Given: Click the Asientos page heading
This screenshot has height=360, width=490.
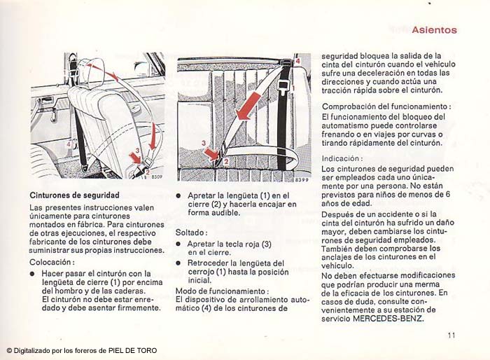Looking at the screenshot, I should click(434, 30).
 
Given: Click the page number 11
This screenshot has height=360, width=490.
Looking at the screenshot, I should click(452, 335).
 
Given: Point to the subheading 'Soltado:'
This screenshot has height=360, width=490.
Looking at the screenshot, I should click(191, 232).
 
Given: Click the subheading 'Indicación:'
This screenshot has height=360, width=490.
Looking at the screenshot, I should click(342, 158).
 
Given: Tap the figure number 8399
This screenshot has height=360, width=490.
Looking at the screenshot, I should click(301, 181).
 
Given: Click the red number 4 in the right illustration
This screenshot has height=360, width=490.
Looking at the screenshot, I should click(297, 62).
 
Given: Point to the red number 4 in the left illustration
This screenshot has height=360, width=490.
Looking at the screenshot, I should click(69, 145).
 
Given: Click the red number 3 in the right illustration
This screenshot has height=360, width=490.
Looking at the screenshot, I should click(203, 144).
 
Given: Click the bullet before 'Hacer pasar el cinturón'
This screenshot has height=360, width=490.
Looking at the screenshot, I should click(32, 274).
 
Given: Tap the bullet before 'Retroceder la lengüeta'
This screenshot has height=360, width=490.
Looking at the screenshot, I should click(179, 262).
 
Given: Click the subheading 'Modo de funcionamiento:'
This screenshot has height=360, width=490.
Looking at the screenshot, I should click(222, 291).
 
